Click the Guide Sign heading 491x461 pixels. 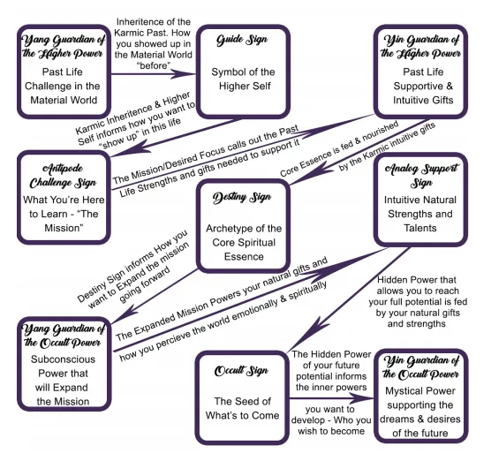pyautogui.click(x=242, y=40)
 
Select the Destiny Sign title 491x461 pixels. pyautogui.click(x=242, y=198)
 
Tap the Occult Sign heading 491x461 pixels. pyautogui.click(x=241, y=371)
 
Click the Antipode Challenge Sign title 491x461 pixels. pyautogui.click(x=63, y=176)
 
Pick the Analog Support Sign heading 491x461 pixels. pyautogui.click(x=421, y=176)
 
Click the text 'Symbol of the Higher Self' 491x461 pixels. pyautogui.click(x=244, y=79)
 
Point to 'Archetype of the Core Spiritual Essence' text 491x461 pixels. pyautogui.click(x=244, y=242)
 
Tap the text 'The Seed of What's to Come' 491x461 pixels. pyautogui.click(x=242, y=408)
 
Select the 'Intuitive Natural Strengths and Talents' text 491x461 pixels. pyautogui.click(x=420, y=214)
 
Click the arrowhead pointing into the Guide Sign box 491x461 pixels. pyautogui.click(x=185, y=74)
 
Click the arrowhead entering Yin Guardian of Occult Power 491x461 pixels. pyautogui.click(x=362, y=398)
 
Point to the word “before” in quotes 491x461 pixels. pyautogui.click(x=154, y=65)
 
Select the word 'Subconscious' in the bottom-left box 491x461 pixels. pyautogui.click(x=63, y=359)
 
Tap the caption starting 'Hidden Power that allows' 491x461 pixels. pyautogui.click(x=418, y=301)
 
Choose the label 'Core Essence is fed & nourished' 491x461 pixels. pyautogui.click(x=339, y=149)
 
